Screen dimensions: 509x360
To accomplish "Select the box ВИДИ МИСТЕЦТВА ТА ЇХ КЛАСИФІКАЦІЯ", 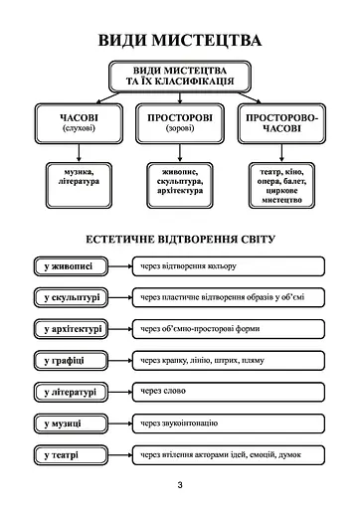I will pos(180,77).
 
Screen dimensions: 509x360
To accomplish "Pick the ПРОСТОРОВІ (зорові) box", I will pos(180,123).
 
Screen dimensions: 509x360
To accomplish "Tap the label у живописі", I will pos(69,266).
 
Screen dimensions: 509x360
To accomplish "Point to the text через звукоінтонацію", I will pos(179,424).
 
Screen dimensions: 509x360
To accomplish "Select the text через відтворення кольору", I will pos(189,266).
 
